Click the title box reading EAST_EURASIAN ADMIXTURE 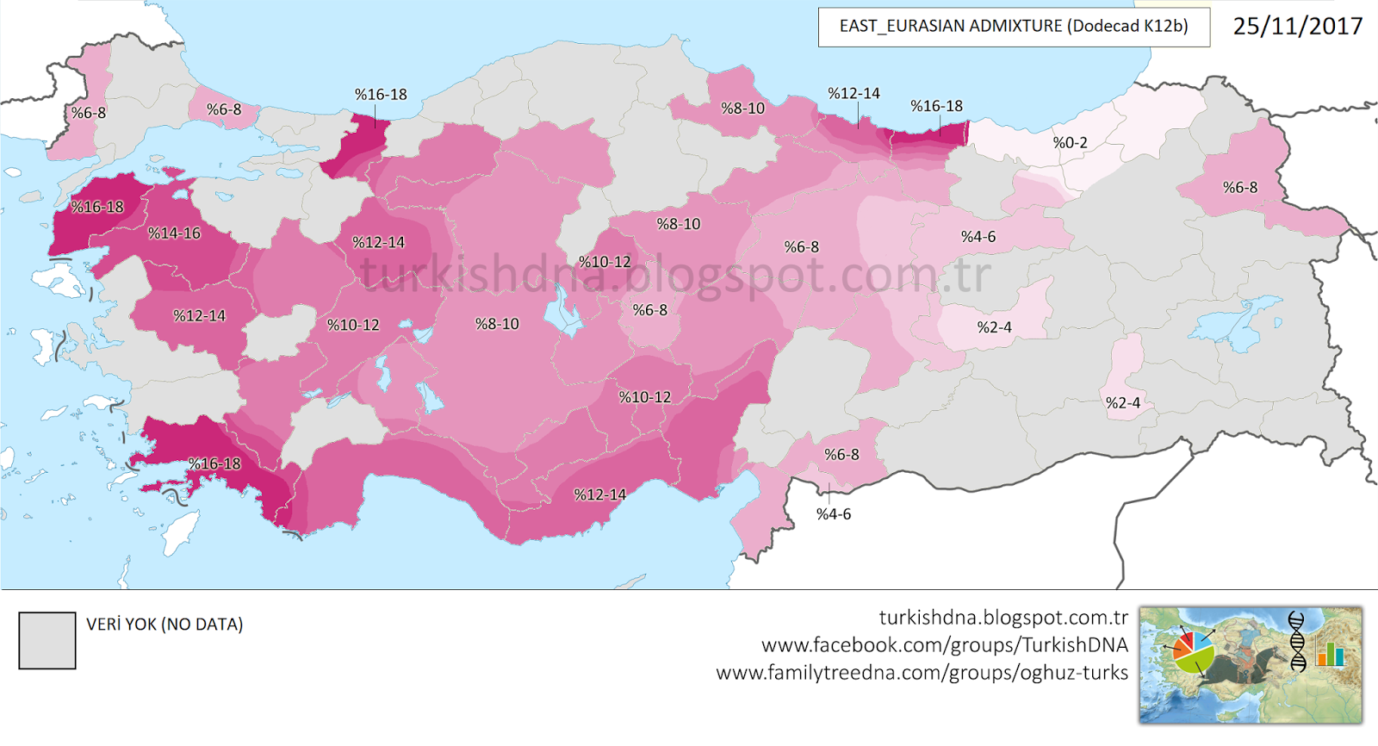(x=1013, y=27)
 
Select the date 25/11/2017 (x=1297, y=26)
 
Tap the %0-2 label (x=1070, y=143)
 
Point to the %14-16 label (x=174, y=233)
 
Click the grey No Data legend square (x=47, y=640)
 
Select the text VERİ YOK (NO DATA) (x=164, y=624)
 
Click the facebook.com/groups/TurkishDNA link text (x=944, y=645)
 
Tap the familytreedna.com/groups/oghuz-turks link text (x=922, y=673)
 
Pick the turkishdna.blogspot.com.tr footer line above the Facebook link (x=1002, y=618)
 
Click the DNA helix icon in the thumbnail (x=1296, y=641)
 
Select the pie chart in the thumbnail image (x=1194, y=653)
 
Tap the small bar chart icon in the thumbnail (x=1330, y=654)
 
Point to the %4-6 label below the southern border (x=833, y=514)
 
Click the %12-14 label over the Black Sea (x=853, y=94)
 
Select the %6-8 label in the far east (x=1239, y=188)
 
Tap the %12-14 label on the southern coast (x=600, y=495)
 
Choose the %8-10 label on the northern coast (x=742, y=109)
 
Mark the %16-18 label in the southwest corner (x=214, y=464)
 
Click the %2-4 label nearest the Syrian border (x=1122, y=403)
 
